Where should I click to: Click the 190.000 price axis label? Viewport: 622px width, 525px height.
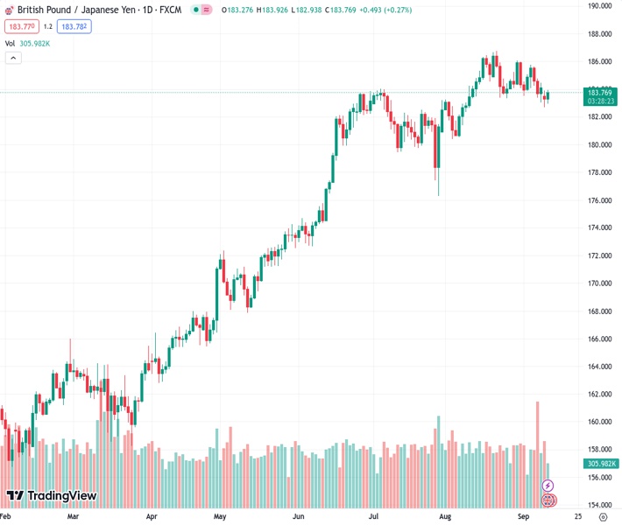pos(599,5)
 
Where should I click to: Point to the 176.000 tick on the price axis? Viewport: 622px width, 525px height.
pos(599,200)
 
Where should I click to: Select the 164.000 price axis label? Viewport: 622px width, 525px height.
pos(599,367)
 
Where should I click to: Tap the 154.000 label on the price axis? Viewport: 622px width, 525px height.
pos(599,506)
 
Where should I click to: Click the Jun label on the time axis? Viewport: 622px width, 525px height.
pos(299,517)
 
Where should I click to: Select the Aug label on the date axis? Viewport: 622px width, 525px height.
pos(444,517)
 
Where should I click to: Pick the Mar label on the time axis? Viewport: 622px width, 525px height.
pos(73,517)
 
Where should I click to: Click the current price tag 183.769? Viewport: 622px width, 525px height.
pos(599,93)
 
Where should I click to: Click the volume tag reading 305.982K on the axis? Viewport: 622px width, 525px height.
pos(601,464)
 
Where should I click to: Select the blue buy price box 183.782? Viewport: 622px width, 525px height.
pos(74,26)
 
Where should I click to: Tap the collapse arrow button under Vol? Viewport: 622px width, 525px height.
pos(13,58)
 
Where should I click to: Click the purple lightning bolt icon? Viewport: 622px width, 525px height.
pos(548,486)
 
